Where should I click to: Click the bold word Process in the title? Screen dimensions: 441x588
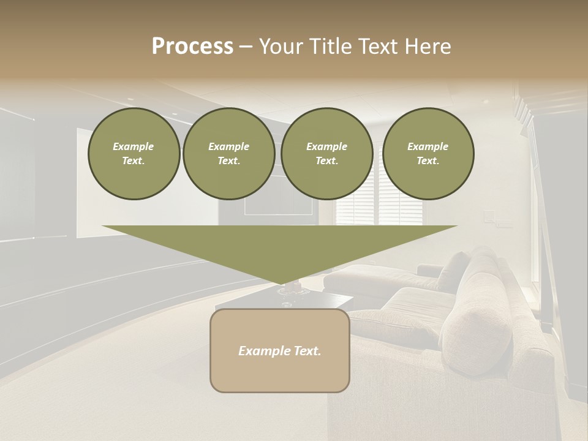pyautogui.click(x=192, y=47)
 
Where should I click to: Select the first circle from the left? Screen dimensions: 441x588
pyautogui.click(x=134, y=154)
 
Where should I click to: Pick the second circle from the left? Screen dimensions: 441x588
pyautogui.click(x=229, y=154)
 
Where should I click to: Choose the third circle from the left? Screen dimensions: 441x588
pyautogui.click(x=327, y=154)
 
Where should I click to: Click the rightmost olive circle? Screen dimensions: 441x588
pyautogui.click(x=428, y=154)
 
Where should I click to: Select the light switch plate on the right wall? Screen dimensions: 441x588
pyautogui.click(x=488, y=216)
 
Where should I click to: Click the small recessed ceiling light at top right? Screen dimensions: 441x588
pyautogui.click(x=486, y=102)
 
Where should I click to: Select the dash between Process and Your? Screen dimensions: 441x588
pyautogui.click(x=246, y=47)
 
